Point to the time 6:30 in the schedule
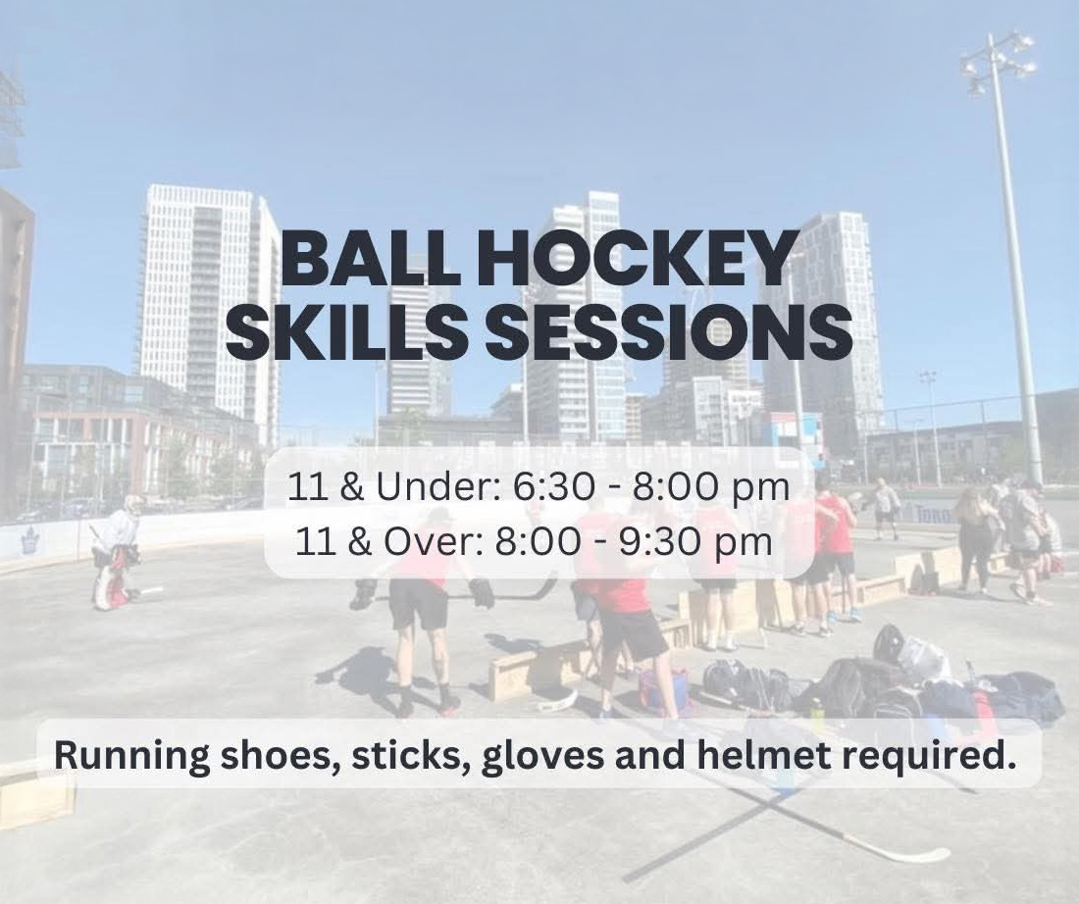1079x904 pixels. (x=554, y=487)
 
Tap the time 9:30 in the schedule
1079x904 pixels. (x=659, y=542)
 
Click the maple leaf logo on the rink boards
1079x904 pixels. (x=28, y=541)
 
